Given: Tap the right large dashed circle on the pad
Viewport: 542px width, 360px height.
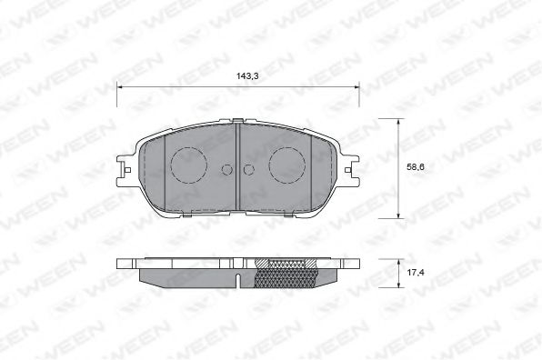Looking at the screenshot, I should click(287, 165).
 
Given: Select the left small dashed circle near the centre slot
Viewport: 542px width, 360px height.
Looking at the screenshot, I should click(226, 169).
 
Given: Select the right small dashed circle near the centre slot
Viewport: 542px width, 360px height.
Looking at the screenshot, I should click(249, 169).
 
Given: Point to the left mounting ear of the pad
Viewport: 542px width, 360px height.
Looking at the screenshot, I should click(125, 167).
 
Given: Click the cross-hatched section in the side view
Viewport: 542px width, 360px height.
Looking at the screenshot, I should click(287, 272).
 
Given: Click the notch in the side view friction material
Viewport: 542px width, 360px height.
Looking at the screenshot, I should click(236, 275).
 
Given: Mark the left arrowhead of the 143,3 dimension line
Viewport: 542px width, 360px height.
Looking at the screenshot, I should click(121, 87).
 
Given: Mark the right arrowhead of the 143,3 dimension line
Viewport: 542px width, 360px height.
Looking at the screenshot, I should click(356, 87).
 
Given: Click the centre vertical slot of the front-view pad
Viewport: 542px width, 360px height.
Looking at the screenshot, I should click(237, 168).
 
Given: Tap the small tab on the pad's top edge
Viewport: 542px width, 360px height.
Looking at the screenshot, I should click(237, 121).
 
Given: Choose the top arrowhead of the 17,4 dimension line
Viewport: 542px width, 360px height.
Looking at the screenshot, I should click(400, 261).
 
